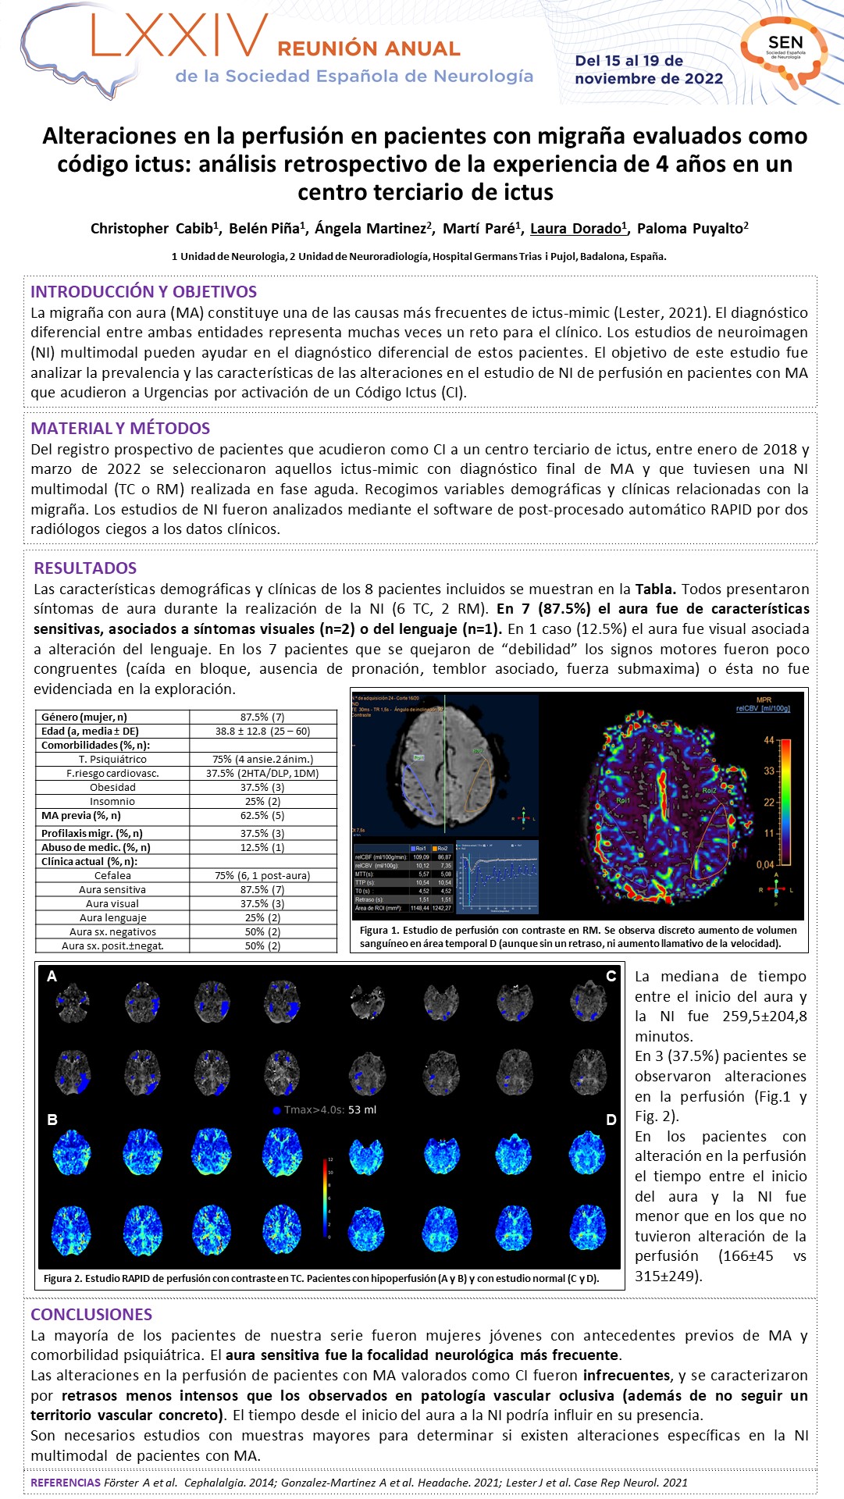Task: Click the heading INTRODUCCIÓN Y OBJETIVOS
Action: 144,292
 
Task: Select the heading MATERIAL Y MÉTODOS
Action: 120,428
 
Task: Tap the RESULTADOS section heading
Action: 85,568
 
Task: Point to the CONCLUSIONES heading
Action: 91,1315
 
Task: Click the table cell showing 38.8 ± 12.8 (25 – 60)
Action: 262,732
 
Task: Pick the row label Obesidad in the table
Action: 112,788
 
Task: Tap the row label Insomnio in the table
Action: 112,802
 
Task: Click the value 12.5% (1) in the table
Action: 262,847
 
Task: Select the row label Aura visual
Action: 112,903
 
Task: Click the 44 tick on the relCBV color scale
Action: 768,740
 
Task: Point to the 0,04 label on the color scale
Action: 765,864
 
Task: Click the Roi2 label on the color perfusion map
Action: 709,791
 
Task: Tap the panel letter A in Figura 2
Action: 52,977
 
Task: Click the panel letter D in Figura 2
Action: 611,1120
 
